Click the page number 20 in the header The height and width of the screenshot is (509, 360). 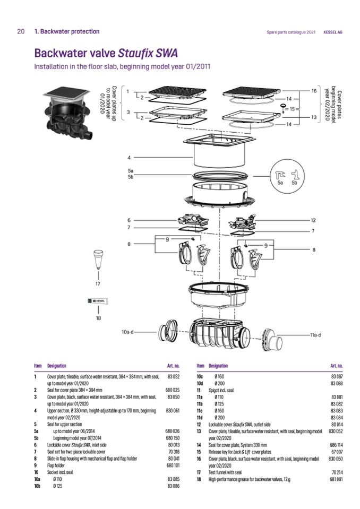21,31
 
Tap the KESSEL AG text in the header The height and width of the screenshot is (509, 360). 333,32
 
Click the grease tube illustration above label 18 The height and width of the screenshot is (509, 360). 98,301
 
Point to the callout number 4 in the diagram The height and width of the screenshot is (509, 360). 129,158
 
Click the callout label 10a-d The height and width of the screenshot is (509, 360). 127,332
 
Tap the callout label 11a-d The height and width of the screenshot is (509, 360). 315,335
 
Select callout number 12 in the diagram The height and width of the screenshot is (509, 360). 313,220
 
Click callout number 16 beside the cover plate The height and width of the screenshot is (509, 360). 314,91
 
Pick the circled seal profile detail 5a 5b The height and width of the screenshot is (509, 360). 287,176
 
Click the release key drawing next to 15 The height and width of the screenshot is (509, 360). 284,108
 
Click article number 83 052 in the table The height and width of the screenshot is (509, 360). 173,376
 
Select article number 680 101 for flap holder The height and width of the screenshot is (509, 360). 173,465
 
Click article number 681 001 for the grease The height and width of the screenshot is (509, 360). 336,479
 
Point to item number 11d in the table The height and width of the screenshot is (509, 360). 200,418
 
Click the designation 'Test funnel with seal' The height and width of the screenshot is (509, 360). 225,472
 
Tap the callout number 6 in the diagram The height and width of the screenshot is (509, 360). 129,220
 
